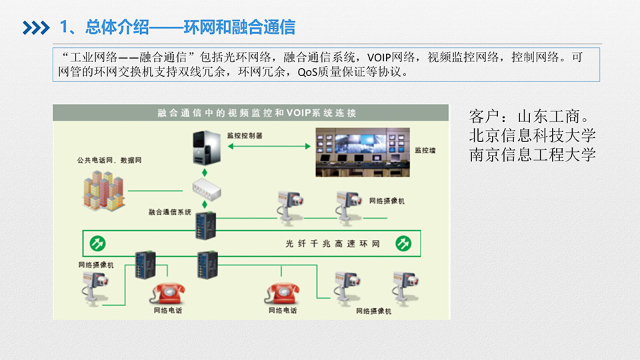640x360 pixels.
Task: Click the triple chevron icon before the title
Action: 35,27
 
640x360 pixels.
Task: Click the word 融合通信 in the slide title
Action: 271,27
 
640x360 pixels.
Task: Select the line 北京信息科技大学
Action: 532,135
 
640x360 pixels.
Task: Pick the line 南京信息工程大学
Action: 532,155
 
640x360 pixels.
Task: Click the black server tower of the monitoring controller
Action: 205,147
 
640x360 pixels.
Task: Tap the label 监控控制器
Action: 245,135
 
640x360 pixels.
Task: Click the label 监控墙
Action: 425,151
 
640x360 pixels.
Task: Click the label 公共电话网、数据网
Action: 109,160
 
